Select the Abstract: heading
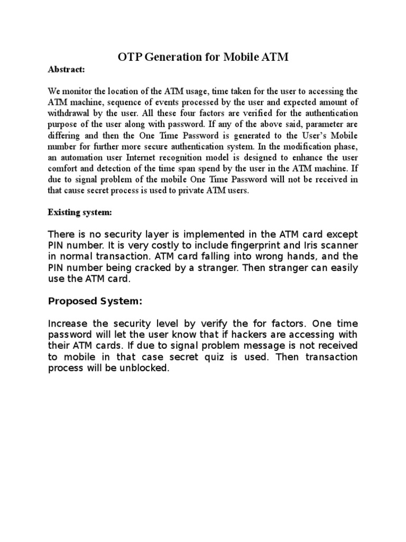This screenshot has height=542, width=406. coord(66,69)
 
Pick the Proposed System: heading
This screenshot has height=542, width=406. coord(95,302)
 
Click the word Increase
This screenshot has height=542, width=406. coord(68,323)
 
